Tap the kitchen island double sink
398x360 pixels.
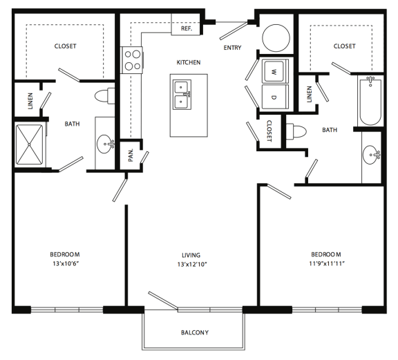click(183, 94)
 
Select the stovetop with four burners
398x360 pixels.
click(131, 61)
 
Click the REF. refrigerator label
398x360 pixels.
click(186, 29)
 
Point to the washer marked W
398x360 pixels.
click(273, 71)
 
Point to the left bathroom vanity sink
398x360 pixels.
click(106, 146)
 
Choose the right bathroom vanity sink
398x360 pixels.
click(371, 153)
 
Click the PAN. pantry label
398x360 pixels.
click(131, 155)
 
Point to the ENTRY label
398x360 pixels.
click(231, 48)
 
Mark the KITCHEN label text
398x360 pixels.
click(188, 62)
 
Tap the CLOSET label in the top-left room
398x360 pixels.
click(66, 46)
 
